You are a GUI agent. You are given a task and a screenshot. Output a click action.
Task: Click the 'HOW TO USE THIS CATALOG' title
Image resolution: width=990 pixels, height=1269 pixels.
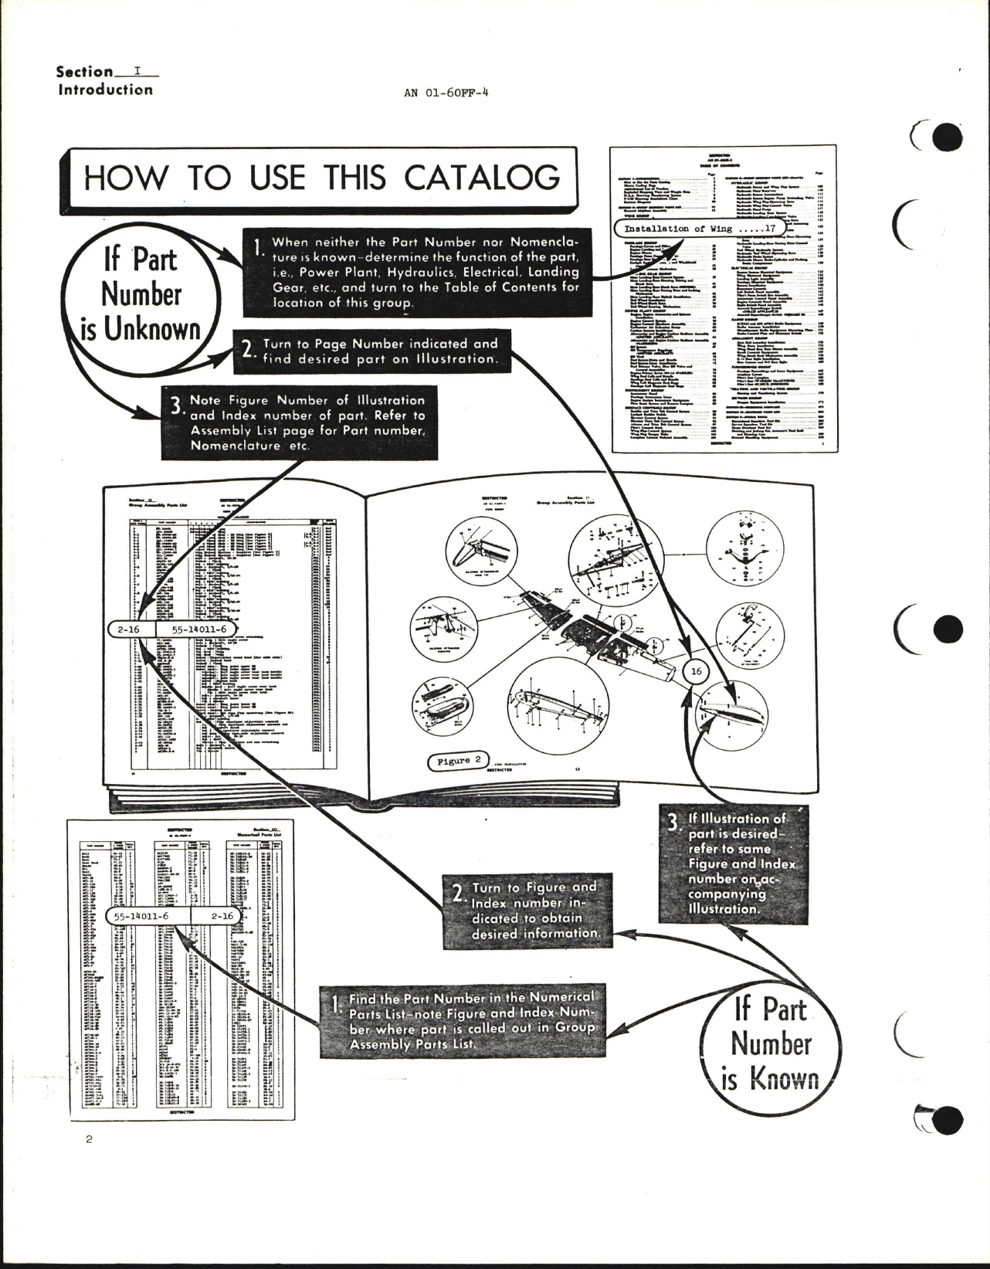(321, 178)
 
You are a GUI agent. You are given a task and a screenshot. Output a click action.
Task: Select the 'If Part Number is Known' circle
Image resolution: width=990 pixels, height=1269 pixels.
(770, 1043)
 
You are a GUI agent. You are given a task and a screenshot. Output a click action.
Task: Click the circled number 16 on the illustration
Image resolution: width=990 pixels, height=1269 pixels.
(696, 671)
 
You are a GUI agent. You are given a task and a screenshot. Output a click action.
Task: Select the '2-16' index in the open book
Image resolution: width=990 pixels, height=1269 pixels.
(131, 629)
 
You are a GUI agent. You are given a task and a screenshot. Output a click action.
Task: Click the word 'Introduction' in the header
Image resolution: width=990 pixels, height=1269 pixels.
(106, 90)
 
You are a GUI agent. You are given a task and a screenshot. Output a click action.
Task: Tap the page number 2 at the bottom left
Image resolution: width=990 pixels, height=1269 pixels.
(90, 1161)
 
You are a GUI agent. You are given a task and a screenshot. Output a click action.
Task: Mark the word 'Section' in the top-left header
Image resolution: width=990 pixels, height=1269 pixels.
(84, 72)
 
